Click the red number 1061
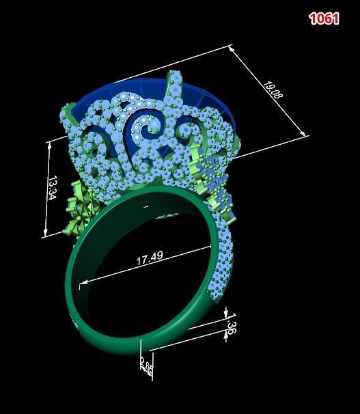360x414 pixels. coord(324,18)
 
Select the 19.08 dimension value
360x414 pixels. coord(273,89)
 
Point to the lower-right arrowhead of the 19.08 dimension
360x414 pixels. coord(301,134)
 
